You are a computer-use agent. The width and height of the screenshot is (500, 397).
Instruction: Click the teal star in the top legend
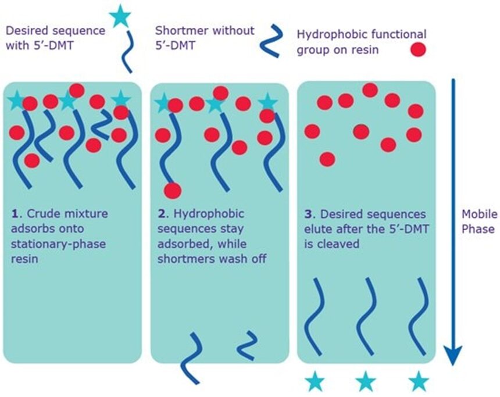120,16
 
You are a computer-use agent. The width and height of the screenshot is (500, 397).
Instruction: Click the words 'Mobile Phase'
478,221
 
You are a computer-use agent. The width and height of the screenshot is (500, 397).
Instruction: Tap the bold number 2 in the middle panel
162,213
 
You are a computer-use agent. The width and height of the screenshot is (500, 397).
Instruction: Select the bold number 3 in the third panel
309,213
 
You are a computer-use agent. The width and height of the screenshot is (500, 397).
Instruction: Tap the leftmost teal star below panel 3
316,381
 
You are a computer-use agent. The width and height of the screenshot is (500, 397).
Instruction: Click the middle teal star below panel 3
366,381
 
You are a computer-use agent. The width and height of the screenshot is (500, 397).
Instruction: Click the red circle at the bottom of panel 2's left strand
173,190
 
